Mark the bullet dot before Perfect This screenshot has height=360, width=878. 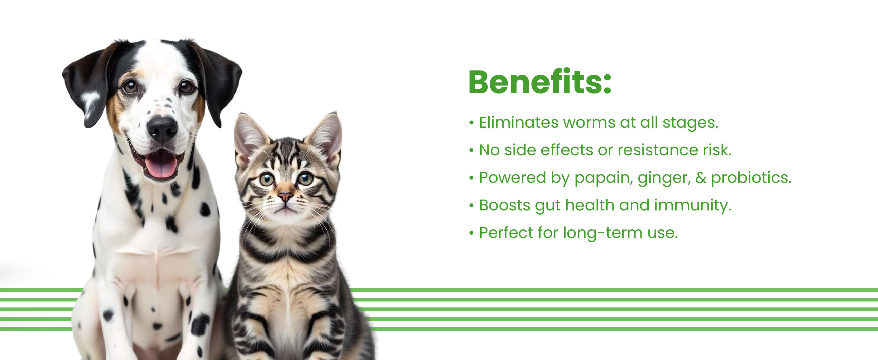(472, 233)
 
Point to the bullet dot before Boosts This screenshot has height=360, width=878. (472, 206)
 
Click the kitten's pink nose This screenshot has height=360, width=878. (285, 196)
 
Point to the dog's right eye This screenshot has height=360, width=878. (129, 86)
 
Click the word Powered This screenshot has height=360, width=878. (512, 178)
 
